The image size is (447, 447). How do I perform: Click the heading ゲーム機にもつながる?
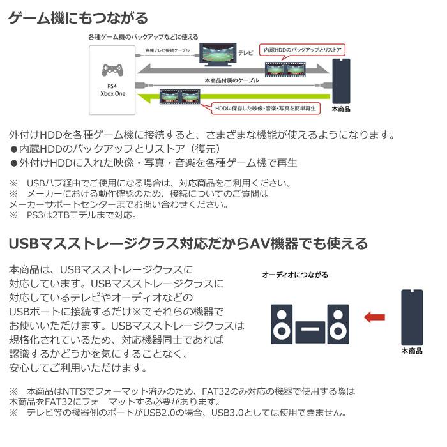tap(78, 18)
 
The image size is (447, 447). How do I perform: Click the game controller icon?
tap(112, 68)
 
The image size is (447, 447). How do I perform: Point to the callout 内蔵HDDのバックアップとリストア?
tap(303, 50)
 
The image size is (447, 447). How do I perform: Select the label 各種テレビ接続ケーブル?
tap(167, 49)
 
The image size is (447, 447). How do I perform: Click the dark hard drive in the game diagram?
tap(341, 82)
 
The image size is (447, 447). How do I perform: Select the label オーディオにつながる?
tap(295, 275)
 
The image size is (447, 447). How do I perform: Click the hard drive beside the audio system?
tap(412, 317)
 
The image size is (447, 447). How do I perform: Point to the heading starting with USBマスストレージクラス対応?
tap(188, 243)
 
